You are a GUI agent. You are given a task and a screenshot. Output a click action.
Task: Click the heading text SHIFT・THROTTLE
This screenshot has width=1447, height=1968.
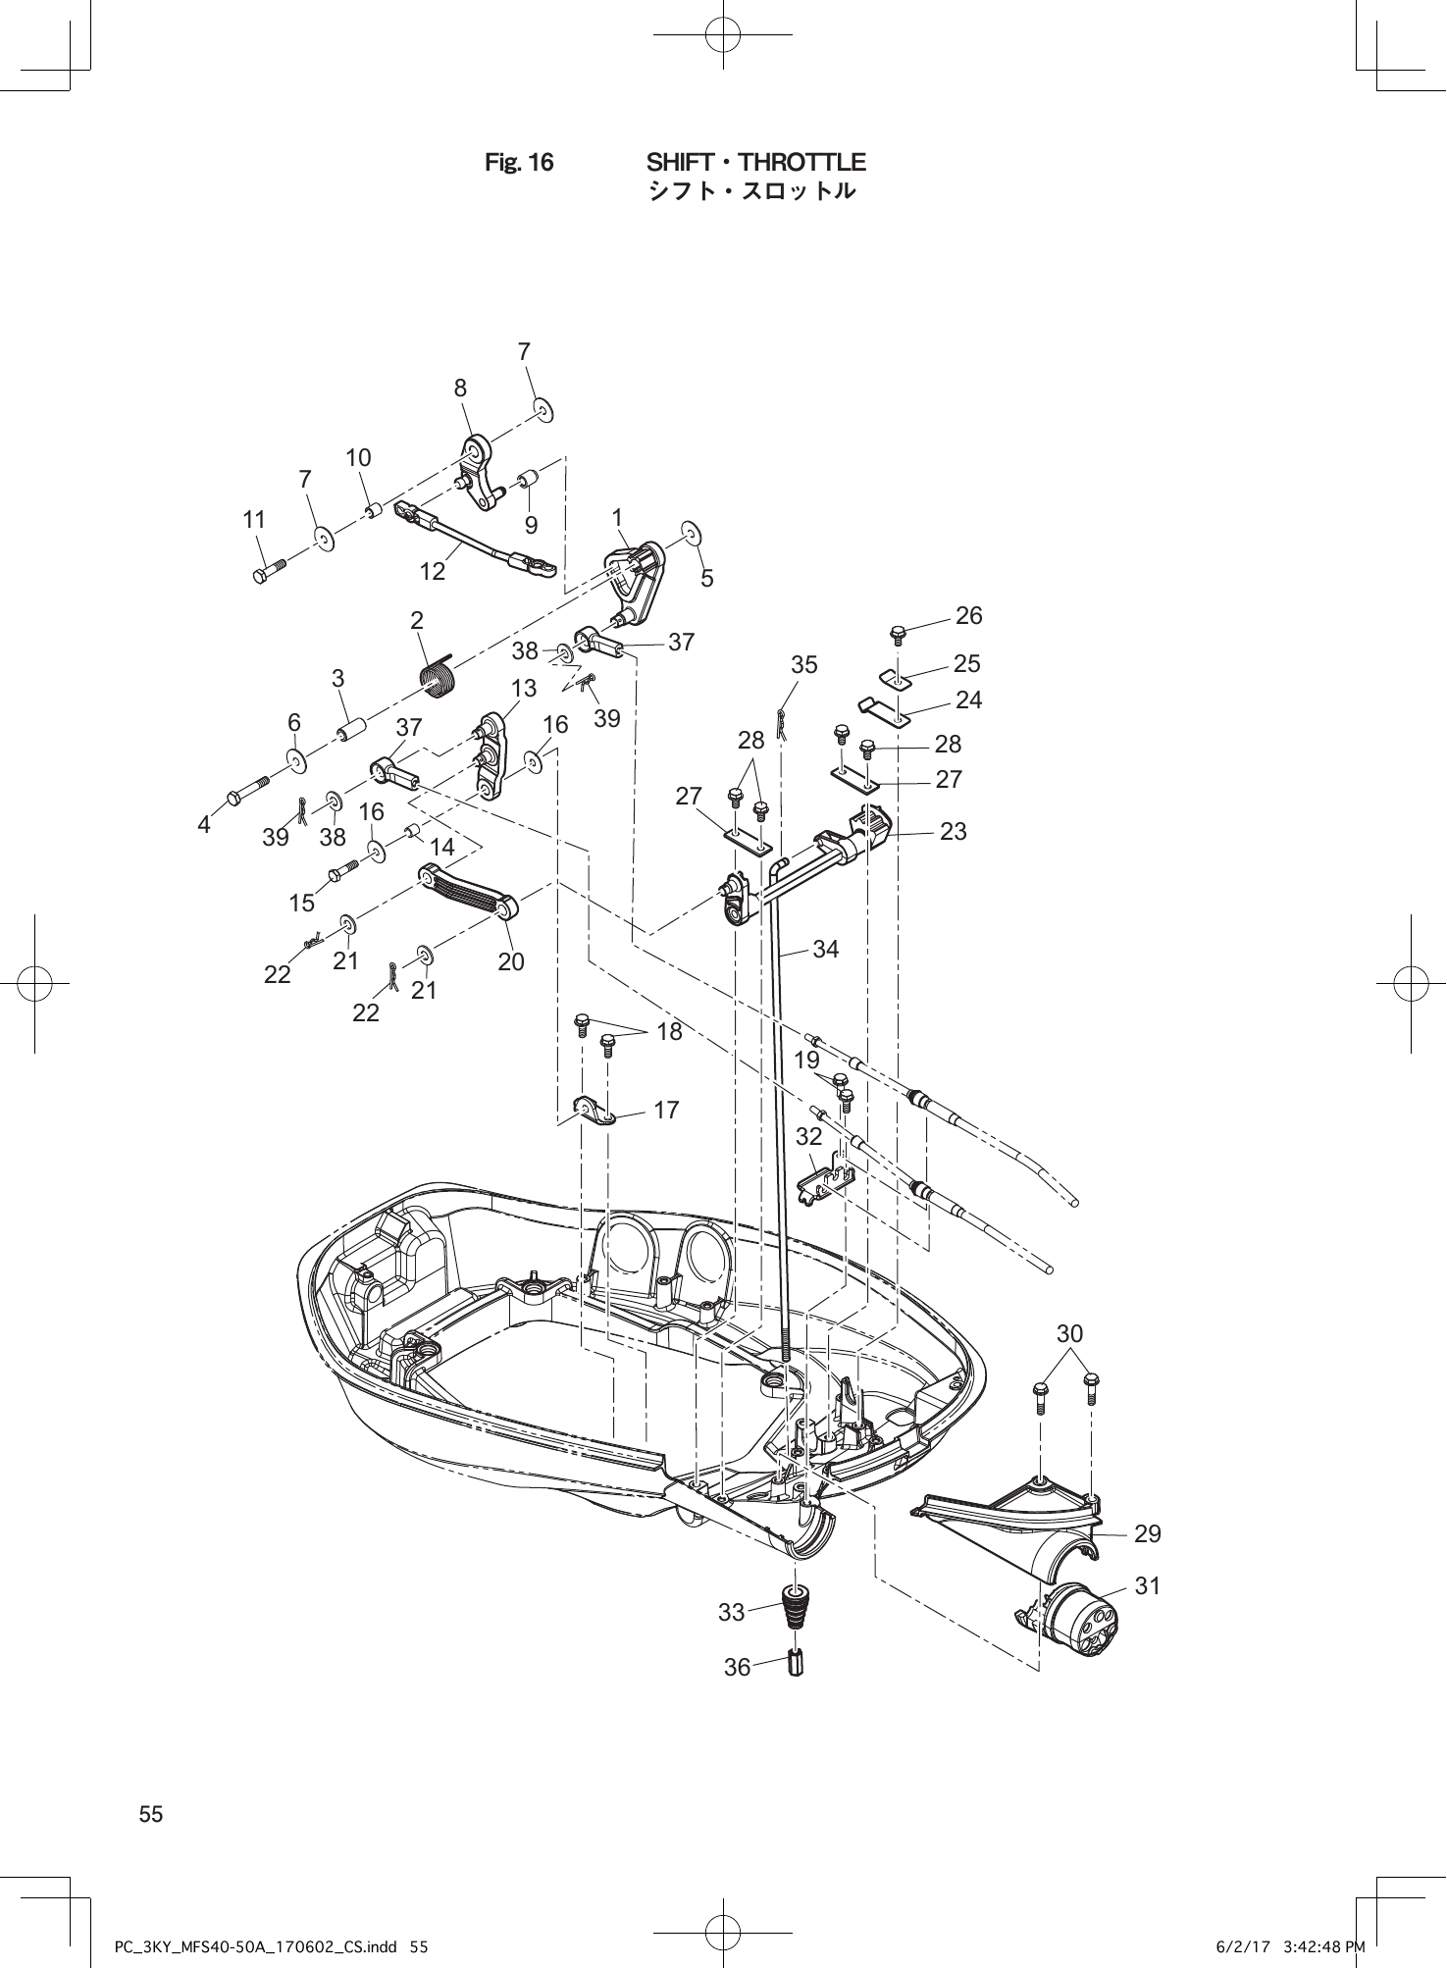click(x=755, y=161)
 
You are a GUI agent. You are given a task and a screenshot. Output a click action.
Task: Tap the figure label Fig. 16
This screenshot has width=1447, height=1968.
click(x=519, y=162)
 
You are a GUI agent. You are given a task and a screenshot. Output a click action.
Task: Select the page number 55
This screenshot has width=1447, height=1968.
click(x=151, y=1814)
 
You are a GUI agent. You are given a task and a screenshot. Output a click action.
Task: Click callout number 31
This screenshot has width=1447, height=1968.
click(x=1147, y=1585)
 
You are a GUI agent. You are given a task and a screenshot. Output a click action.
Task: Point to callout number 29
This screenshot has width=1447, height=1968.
click(x=1147, y=1532)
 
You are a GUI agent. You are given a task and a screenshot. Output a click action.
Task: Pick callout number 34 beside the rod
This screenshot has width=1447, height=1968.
click(x=826, y=949)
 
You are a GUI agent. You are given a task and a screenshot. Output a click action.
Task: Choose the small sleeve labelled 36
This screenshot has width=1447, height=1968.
click(x=796, y=1665)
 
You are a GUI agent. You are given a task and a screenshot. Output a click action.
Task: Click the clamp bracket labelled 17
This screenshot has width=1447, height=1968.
click(x=593, y=1112)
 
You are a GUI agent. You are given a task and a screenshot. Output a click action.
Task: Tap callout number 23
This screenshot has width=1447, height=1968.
click(x=953, y=831)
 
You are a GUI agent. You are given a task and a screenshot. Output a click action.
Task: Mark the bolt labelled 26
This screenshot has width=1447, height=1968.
click(x=898, y=633)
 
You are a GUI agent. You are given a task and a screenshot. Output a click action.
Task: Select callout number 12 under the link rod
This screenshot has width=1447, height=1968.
click(x=433, y=570)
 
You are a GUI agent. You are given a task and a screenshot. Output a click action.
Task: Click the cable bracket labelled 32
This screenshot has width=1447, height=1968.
click(x=822, y=1183)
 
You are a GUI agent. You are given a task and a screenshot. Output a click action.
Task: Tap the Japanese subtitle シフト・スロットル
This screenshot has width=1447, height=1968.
click(x=751, y=190)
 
